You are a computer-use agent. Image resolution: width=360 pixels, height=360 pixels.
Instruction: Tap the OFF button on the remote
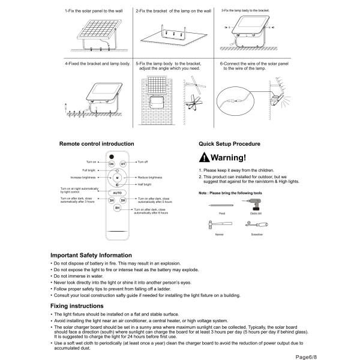(x=123, y=163)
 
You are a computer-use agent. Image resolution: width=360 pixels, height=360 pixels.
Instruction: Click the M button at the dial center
(x=117, y=178)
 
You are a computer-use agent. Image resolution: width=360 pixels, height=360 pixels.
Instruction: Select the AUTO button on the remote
(x=117, y=193)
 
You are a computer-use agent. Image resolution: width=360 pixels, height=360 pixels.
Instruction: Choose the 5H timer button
(x=123, y=200)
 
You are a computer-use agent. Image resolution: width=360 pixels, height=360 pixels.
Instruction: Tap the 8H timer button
(x=117, y=208)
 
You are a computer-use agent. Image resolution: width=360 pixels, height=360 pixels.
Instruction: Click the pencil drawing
(x=220, y=205)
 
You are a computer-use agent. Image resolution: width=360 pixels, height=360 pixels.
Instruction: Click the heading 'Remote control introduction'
(x=97, y=144)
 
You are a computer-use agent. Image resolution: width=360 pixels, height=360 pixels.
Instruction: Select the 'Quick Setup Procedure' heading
(x=230, y=144)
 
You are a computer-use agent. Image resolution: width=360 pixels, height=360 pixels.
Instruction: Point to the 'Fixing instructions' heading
(x=77, y=306)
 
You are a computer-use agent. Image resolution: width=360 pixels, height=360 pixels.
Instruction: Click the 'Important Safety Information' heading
(x=91, y=254)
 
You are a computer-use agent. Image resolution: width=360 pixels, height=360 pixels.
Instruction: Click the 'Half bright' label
(x=145, y=185)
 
